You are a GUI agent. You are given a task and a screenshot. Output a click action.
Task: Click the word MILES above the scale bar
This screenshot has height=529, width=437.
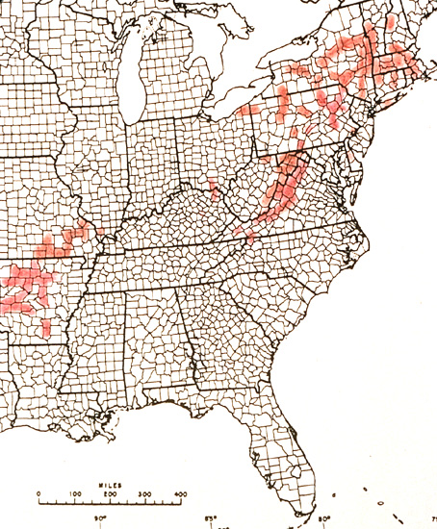coord(108,486)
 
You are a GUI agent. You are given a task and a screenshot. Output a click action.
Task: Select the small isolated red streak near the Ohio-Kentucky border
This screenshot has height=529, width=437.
coord(214,187)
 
